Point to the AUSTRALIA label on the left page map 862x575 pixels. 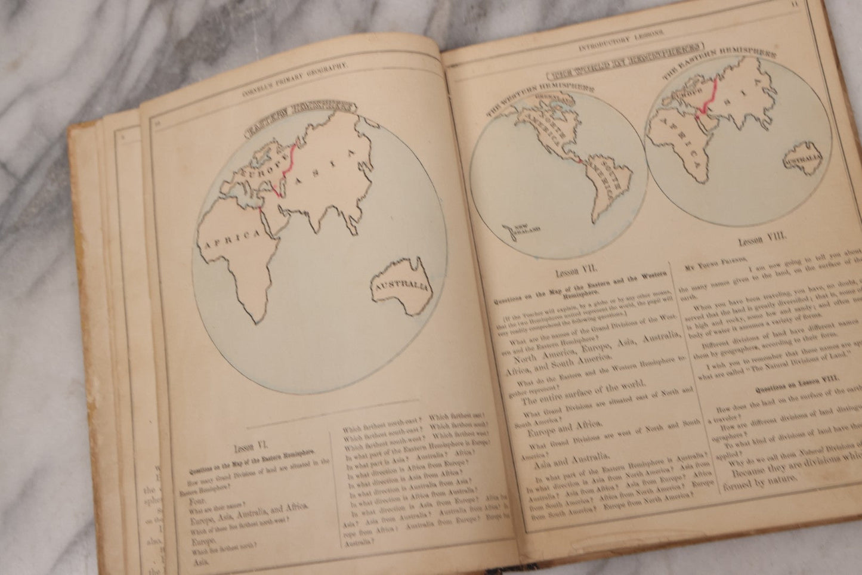401,287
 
